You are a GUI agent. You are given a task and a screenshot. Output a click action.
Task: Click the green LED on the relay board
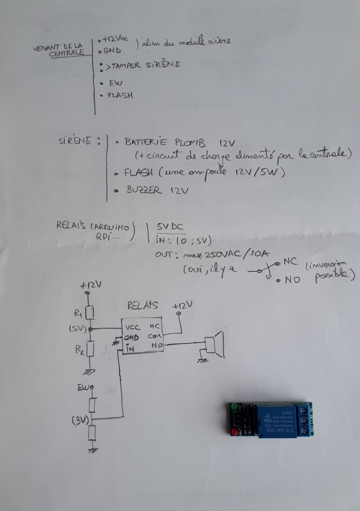pyautogui.click(x=233, y=407)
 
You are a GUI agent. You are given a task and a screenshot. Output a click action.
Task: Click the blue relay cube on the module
pyautogui.click(x=277, y=420)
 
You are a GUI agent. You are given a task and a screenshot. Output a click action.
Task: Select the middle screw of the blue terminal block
pyautogui.click(x=304, y=421)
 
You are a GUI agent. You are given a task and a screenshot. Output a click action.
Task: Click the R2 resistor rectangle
pyautogui.click(x=90, y=349)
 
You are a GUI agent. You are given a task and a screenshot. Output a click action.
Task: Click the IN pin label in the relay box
pyautogui.click(x=130, y=348)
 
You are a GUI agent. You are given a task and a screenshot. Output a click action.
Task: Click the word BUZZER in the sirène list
pyautogui.click(x=142, y=191)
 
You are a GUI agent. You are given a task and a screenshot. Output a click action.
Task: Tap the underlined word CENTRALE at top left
pyautogui.click(x=66, y=54)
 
